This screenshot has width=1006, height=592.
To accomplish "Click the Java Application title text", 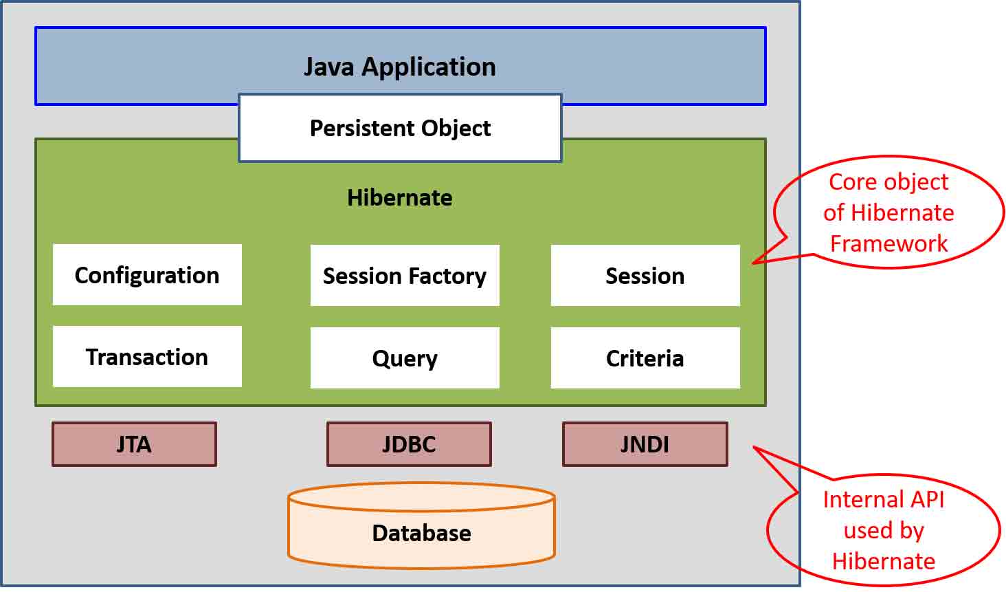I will coord(400,67).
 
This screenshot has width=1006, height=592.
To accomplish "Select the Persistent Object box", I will coord(400,129).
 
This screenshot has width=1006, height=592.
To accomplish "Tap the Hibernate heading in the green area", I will coord(399,198).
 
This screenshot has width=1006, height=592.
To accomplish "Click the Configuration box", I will coord(147,275).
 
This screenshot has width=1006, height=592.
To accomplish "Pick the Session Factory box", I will coord(405,276).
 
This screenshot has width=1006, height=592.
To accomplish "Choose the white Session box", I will coord(645,276).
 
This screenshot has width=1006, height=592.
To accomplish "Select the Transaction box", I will coord(147,357).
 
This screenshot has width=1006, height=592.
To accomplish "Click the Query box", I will coord(405,358).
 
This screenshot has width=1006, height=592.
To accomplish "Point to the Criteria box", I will coord(645,358).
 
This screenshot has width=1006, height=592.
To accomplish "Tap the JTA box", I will coord(134,444).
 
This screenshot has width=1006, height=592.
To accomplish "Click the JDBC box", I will coord(409,444).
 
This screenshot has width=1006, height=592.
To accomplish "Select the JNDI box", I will coord(645,444).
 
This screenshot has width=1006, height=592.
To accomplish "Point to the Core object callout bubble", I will coord(888,212).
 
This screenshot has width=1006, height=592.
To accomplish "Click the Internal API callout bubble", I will coord(884,530).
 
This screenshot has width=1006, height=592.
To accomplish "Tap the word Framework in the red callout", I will coord(888,243).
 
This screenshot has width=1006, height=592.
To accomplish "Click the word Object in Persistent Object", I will coord(456,129).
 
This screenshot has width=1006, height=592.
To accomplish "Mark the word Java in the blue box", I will coord(329,67).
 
